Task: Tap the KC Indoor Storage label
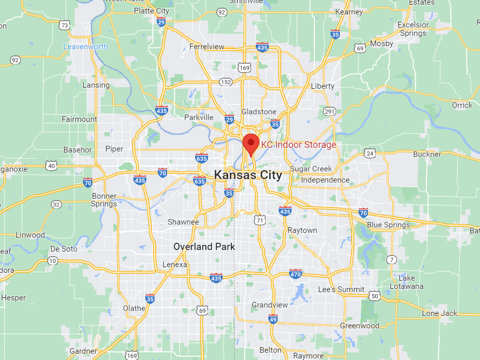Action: pyautogui.click(x=298, y=145)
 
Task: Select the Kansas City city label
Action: pyautogui.click(x=248, y=175)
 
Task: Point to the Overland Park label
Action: pyautogui.click(x=204, y=246)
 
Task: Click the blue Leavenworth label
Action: pyautogui.click(x=86, y=47)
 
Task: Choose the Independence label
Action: pyautogui.click(x=325, y=180)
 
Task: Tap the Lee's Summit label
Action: pyautogui.click(x=340, y=289)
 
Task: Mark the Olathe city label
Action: pyautogui.click(x=134, y=308)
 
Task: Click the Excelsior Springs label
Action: pyautogui.click(x=413, y=29)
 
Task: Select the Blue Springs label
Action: pyautogui.click(x=388, y=225)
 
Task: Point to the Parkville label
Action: pyautogui.click(x=199, y=117)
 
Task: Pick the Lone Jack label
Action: pyautogui.click(x=440, y=313)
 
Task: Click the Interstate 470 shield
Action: pyautogui.click(x=296, y=273)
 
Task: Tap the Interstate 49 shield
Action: pyautogui.click(x=273, y=318)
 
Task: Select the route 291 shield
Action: pyautogui.click(x=329, y=111)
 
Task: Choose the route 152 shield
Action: pyautogui.click(x=226, y=82)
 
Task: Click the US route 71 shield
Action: pyautogui.click(x=259, y=220)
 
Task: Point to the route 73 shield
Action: pyautogui.click(x=64, y=25)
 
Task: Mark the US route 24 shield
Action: pyautogui.click(x=369, y=153)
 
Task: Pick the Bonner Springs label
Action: pyautogui.click(x=104, y=200)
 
